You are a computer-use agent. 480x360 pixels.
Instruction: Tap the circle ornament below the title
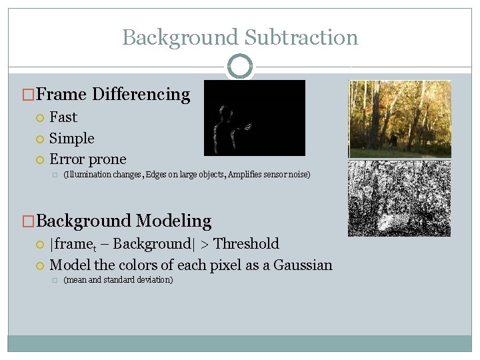240,67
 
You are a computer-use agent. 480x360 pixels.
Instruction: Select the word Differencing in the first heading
141,95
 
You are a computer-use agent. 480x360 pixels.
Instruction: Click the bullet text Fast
63,117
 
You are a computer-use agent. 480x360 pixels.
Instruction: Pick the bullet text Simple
72,139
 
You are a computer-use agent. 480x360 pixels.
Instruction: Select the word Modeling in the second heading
175,221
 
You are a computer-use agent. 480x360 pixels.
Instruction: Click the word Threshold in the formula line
247,244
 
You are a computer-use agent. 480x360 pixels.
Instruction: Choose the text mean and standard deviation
118,280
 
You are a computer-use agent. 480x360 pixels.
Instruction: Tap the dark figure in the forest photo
393,140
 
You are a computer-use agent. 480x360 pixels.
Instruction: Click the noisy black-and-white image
399,199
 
